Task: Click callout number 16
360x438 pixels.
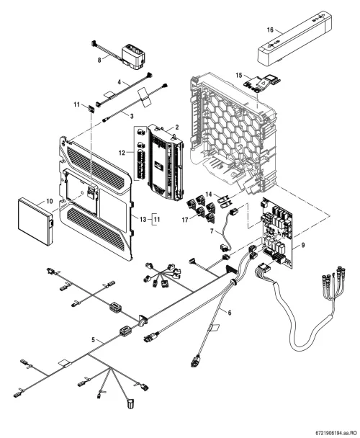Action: point(270,30)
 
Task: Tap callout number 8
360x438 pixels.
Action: point(99,60)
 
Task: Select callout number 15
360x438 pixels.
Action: point(239,75)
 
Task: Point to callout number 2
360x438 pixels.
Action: point(177,127)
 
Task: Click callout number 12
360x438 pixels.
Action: point(122,153)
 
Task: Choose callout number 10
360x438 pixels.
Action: point(50,201)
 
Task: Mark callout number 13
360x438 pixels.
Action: point(143,220)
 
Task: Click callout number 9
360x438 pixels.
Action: point(303,245)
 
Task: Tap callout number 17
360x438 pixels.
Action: point(185,220)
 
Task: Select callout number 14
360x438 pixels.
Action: point(209,194)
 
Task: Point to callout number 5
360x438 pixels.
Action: point(94,340)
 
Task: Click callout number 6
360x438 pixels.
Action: point(230,313)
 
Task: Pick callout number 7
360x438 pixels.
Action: point(212,231)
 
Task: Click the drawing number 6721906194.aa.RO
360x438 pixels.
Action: point(336,433)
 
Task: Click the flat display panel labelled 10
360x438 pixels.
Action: point(35,221)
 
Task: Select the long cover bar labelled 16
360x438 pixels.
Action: point(294,38)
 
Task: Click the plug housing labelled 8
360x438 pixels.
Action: point(133,56)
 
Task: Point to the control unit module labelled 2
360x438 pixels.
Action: point(166,163)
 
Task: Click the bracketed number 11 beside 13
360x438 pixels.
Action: point(157,220)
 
